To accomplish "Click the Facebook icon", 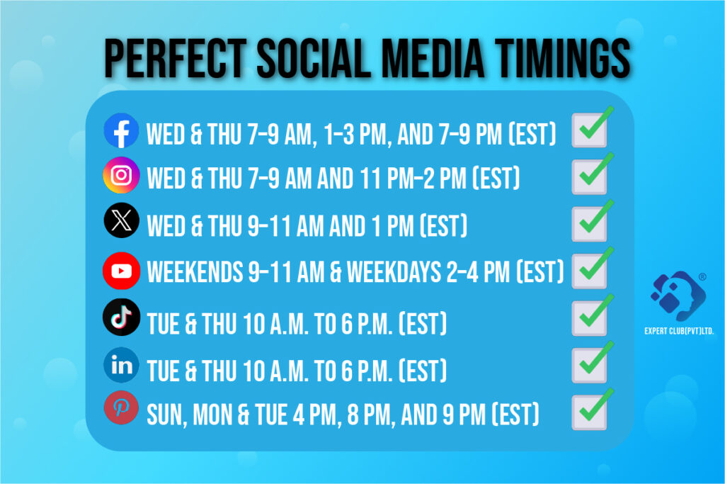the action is point(121,130).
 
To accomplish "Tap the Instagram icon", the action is point(121,175).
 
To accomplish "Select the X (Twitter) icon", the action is point(121,220).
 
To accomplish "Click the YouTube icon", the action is point(121,270).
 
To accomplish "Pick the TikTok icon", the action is point(121,317).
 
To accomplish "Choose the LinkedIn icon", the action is point(121,365).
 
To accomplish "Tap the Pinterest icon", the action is point(121,408).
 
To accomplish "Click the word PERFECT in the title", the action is point(176,58).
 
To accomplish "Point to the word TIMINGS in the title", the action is point(563,58).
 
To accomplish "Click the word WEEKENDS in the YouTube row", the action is point(195,271).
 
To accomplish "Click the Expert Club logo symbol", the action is point(678,296).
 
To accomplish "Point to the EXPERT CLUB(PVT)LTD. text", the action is point(679,331).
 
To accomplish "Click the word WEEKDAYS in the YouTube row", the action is point(394,271).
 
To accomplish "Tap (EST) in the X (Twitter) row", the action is point(443,226).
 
